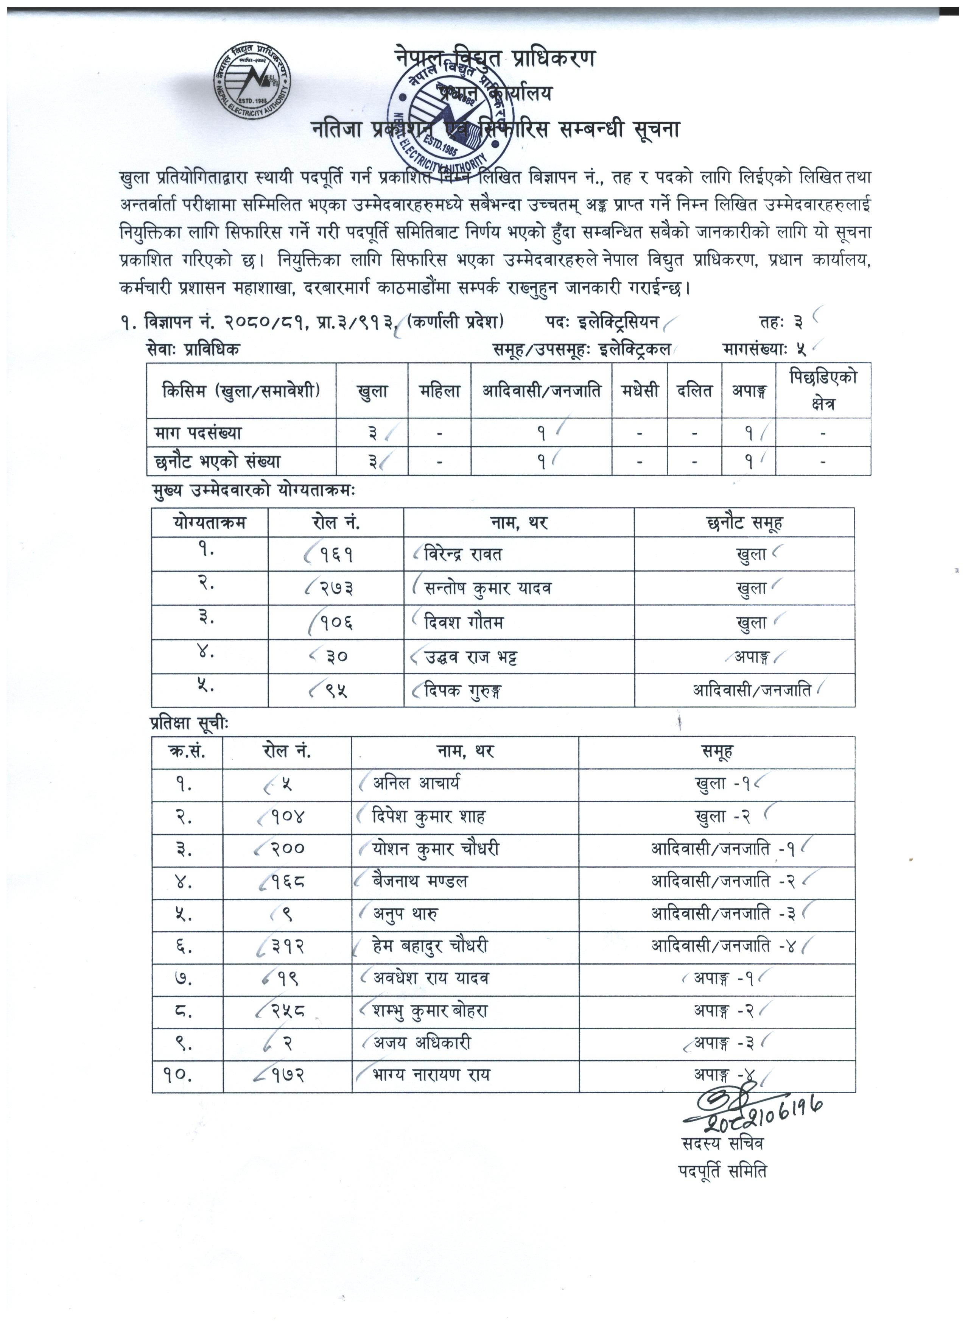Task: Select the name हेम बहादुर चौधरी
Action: point(430,946)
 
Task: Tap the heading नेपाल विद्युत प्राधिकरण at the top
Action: point(495,59)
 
